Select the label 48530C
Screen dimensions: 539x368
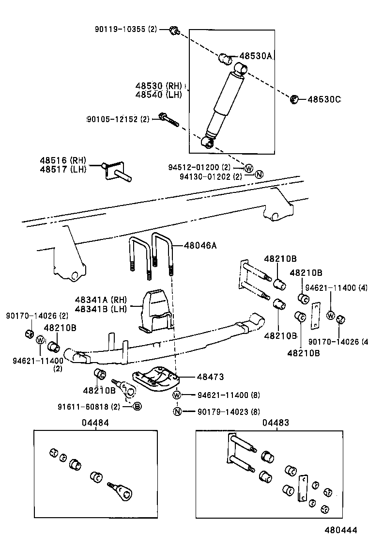pos(324,99)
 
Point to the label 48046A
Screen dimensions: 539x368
pos(200,245)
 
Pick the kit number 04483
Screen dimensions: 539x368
pos(276,423)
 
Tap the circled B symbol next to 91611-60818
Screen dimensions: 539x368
pos(137,406)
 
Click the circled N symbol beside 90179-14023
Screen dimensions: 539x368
pos(177,412)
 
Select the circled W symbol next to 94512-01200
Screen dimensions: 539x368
pos(248,168)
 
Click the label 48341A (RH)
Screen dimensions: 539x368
pos(101,300)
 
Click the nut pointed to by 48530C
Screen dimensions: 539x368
pos(293,100)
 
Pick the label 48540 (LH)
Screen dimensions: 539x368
pos(158,95)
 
